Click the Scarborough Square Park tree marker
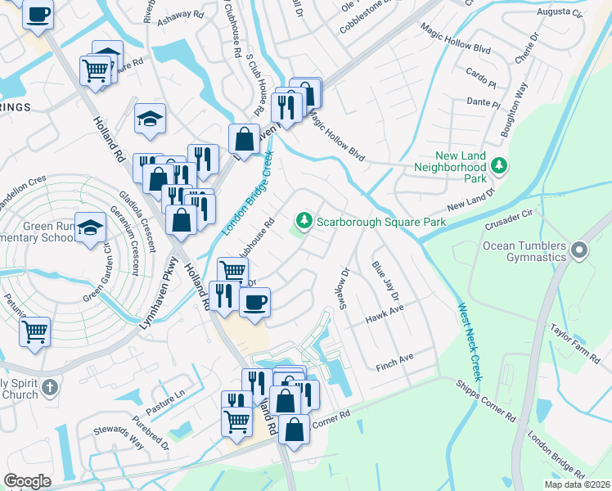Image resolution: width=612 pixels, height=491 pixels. coord(304,221)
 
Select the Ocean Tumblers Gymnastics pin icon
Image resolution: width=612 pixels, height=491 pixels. coord(580,250)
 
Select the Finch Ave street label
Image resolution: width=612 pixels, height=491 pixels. coord(395,359)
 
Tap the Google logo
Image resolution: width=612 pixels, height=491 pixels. coord(28,481)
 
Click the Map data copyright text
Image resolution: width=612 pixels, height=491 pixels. coord(577,484)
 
